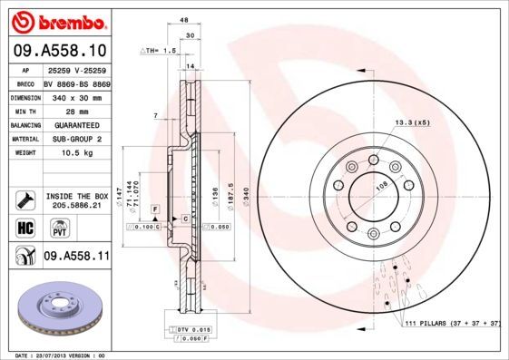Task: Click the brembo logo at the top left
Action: (x=57, y=21)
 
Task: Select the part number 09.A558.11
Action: (x=76, y=257)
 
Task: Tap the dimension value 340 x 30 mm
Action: (x=75, y=96)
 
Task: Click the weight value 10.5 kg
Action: (x=75, y=154)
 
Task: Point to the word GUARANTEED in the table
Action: (x=75, y=125)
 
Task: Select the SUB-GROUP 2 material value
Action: (x=75, y=140)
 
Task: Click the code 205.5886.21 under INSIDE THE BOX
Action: (x=75, y=207)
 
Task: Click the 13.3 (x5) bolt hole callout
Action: (x=411, y=122)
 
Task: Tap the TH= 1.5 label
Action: (x=161, y=52)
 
